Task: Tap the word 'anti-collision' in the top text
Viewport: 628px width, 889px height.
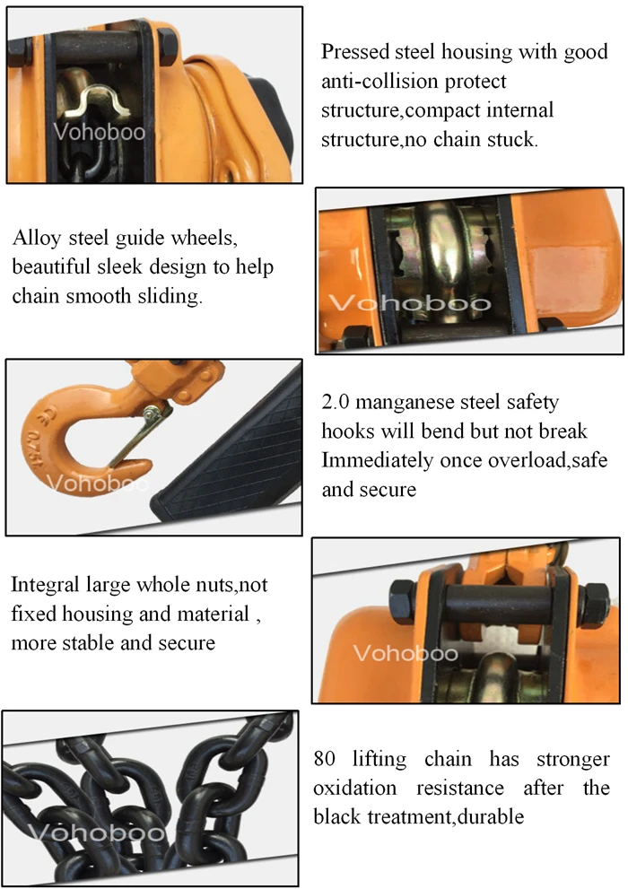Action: point(376,82)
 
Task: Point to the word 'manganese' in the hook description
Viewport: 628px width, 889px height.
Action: point(411,403)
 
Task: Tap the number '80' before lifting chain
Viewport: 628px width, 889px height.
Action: point(325,758)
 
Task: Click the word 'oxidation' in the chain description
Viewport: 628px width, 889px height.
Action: point(355,788)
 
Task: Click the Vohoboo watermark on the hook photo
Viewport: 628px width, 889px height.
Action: point(100,485)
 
